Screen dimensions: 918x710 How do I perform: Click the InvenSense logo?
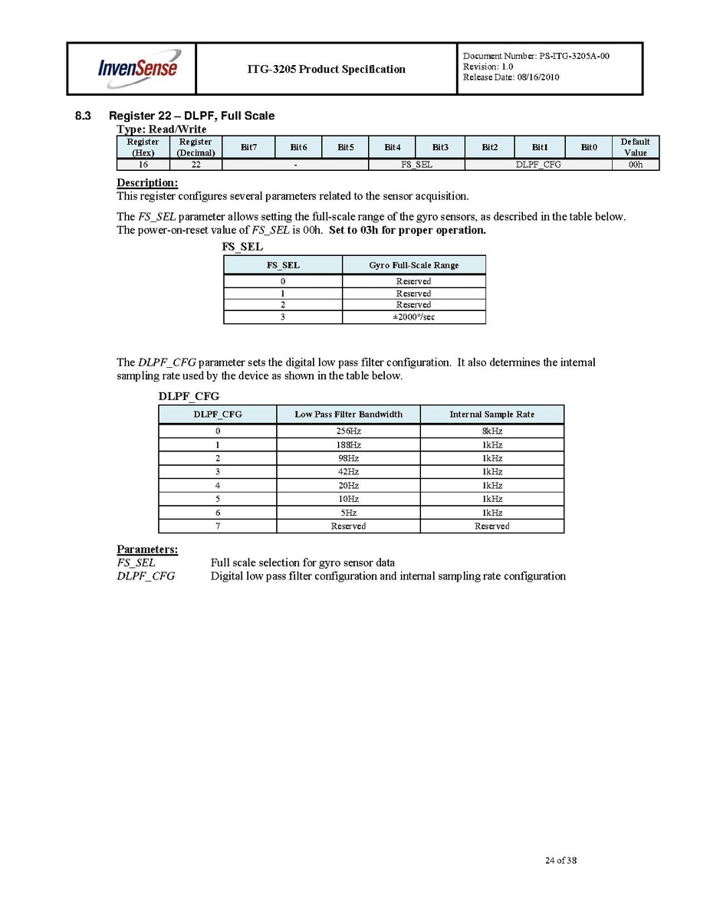pyautogui.click(x=137, y=67)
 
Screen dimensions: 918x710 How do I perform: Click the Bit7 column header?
pyautogui.click(x=249, y=147)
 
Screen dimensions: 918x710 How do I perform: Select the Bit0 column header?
pyautogui.click(x=588, y=147)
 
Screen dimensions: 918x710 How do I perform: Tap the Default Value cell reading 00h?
pyautogui.click(x=635, y=165)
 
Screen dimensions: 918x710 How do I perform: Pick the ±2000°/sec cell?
pyautogui.click(x=413, y=317)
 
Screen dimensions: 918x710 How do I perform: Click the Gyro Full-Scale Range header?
pyautogui.click(x=413, y=265)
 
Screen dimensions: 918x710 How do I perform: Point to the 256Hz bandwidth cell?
pyautogui.click(x=348, y=431)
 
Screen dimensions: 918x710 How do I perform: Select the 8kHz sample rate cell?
pyautogui.click(x=491, y=431)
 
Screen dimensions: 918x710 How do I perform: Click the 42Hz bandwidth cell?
pyautogui.click(x=348, y=472)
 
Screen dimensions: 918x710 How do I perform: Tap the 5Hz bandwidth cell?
pyautogui.click(x=348, y=513)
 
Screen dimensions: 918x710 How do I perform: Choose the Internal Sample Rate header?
pyautogui.click(x=491, y=415)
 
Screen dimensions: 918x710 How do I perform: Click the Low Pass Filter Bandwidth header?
pyautogui.click(x=348, y=415)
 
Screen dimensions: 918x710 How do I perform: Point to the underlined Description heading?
pyautogui.click(x=147, y=183)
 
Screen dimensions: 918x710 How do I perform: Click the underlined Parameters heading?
pyautogui.click(x=147, y=549)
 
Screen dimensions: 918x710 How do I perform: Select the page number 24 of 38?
pyautogui.click(x=560, y=861)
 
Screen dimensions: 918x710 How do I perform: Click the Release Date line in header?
pyautogui.click(x=511, y=77)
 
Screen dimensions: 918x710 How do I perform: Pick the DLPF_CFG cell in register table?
pyautogui.click(x=537, y=165)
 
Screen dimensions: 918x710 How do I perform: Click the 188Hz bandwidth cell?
pyautogui.click(x=348, y=445)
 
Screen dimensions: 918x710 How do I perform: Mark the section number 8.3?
pyautogui.click(x=83, y=116)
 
